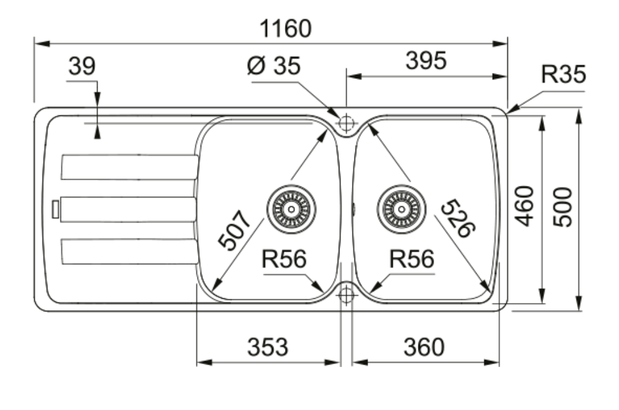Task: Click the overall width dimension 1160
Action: pyautogui.click(x=285, y=28)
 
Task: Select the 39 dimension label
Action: pyautogui.click(x=81, y=66)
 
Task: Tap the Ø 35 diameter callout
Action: pyautogui.click(x=273, y=66)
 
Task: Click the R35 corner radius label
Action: pyautogui.click(x=563, y=75)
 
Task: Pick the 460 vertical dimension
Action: pyautogui.click(x=524, y=206)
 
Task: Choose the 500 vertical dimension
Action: pyautogui.click(x=562, y=207)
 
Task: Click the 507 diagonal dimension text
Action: pyautogui.click(x=234, y=230)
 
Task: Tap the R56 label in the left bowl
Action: pyautogui.click(x=284, y=260)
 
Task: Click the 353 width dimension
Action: pyautogui.click(x=267, y=346)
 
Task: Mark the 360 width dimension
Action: pyautogui.click(x=424, y=346)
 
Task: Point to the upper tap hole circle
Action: pyautogui.click(x=346, y=124)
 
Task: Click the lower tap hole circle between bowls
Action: pyautogui.click(x=345, y=293)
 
